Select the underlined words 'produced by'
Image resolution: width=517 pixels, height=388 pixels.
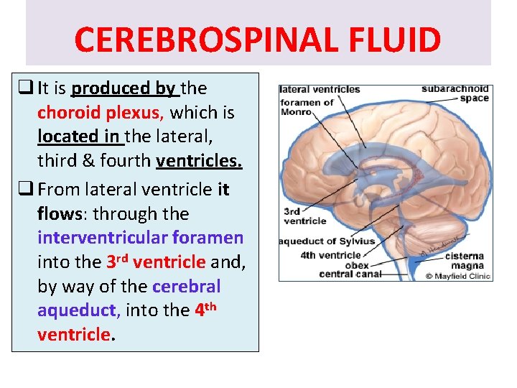click(x=124, y=88)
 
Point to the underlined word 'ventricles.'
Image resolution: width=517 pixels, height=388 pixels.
click(x=199, y=161)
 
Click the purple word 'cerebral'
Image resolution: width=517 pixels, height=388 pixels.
click(x=187, y=286)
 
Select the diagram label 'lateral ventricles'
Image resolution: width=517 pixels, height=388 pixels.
click(x=320, y=90)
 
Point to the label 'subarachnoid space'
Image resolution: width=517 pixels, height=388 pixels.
click(x=455, y=93)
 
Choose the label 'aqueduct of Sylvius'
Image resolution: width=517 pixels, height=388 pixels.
click(x=327, y=242)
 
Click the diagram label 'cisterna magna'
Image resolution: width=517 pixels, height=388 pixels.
click(x=464, y=259)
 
